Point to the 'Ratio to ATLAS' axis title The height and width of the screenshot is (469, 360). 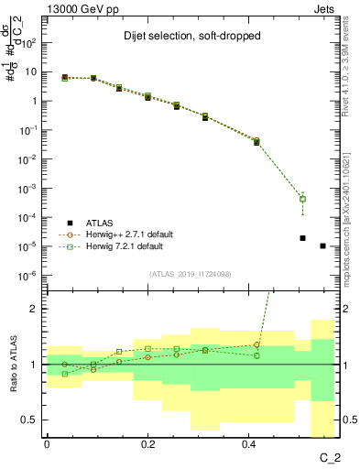[x=13, y=365]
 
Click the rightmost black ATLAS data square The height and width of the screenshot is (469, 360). [x=322, y=245]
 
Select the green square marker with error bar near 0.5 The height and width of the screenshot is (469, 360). [x=302, y=199]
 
